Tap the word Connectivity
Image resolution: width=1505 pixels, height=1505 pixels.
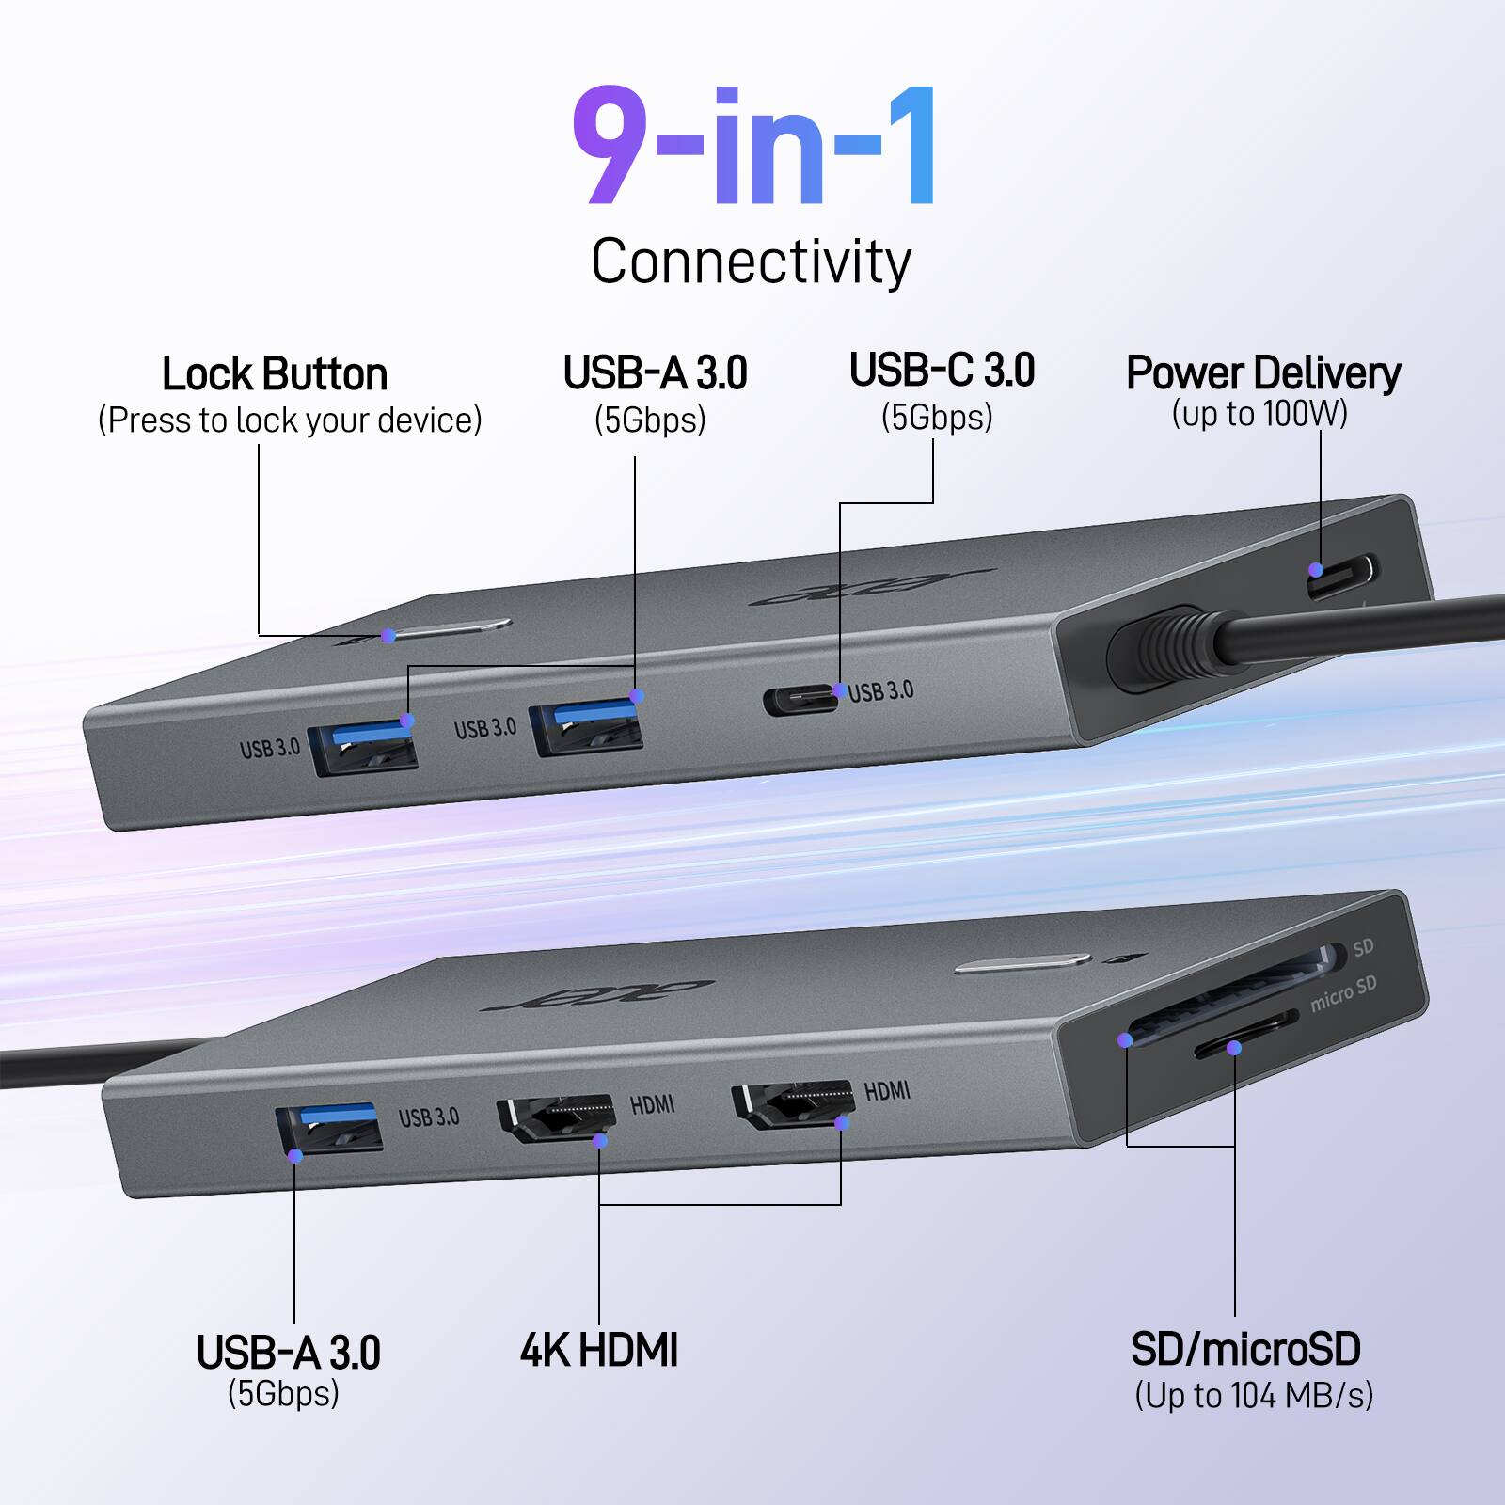[751, 261]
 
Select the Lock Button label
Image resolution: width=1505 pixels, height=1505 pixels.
[275, 374]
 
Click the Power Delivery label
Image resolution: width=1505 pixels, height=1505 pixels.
[1262, 373]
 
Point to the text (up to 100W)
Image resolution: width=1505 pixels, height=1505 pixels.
[1259, 414]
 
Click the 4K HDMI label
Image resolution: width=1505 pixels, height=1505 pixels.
[599, 1350]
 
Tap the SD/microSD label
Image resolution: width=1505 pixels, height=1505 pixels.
[1245, 1350]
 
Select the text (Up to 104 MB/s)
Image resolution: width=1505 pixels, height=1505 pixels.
[1254, 1395]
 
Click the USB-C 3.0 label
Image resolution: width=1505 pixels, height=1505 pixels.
[942, 371]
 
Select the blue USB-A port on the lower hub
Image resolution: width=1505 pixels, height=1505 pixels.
[328, 1129]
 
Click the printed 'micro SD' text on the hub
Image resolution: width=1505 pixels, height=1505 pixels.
[1343, 994]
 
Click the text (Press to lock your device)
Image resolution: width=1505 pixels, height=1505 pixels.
[290, 420]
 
